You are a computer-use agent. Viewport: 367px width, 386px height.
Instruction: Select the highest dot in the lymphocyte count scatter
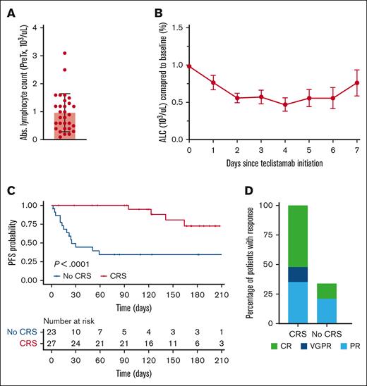click(64, 54)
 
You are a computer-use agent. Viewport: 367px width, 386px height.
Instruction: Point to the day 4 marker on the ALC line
click(286, 104)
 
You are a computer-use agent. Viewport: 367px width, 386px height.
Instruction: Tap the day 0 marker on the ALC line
click(189, 66)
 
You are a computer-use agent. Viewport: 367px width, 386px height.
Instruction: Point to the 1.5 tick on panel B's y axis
click(179, 27)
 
